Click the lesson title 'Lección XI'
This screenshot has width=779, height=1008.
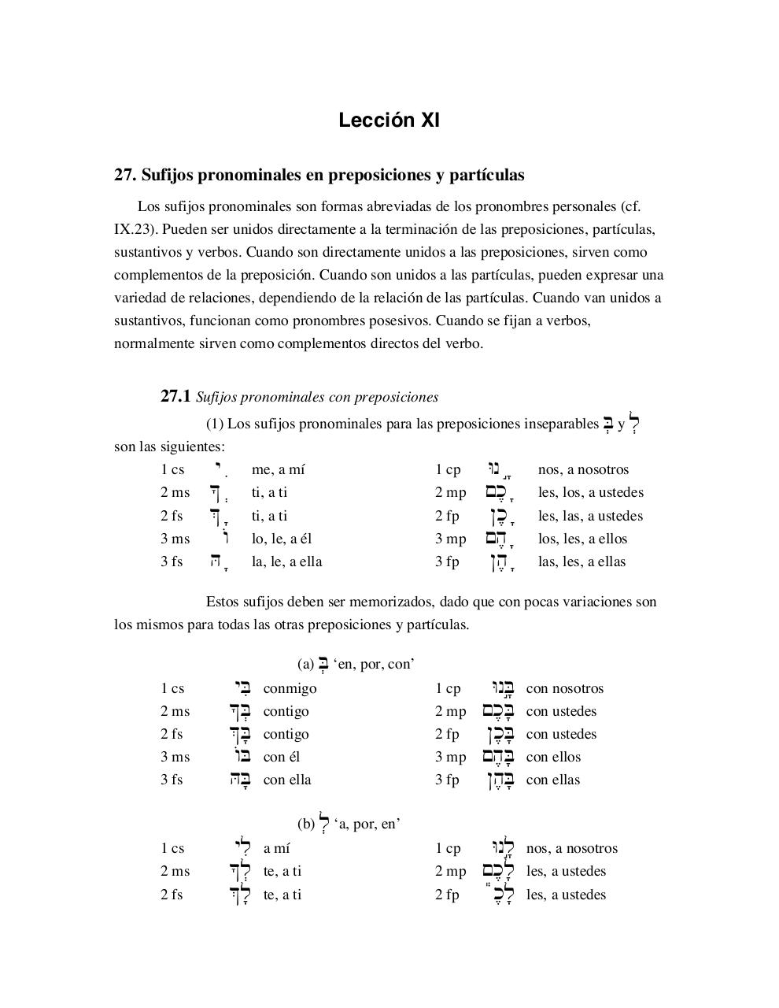[389, 120]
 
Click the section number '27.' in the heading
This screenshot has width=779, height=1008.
[125, 175]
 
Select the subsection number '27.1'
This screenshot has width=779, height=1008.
[175, 397]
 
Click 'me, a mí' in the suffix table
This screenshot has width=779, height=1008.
[278, 469]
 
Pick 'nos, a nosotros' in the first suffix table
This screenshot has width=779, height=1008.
[583, 469]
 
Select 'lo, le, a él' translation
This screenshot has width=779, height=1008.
[282, 539]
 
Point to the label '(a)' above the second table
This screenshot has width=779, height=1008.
[305, 664]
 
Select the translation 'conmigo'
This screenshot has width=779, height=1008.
[290, 688]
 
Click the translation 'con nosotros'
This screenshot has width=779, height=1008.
[564, 688]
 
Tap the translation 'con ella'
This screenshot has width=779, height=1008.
[287, 780]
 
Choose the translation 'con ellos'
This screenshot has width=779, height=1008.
[553, 757]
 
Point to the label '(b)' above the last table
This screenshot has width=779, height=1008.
[305, 824]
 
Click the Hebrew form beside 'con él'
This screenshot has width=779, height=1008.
[242, 757]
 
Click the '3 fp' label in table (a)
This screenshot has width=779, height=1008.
[447, 780]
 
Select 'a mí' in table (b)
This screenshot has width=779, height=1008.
[276, 848]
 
